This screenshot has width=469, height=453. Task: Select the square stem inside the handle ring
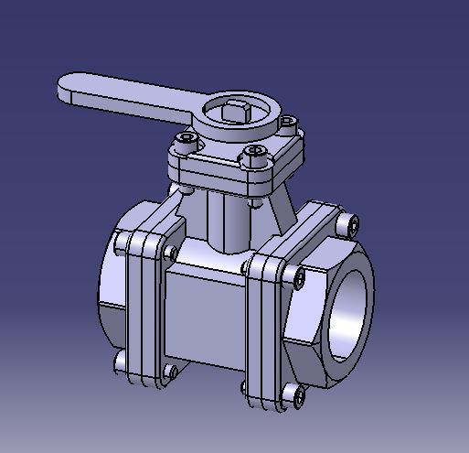(x=237, y=113)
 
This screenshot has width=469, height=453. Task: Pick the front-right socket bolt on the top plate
(x=252, y=156)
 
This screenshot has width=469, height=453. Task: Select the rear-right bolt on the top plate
(x=289, y=121)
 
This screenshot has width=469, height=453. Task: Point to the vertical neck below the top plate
(x=229, y=220)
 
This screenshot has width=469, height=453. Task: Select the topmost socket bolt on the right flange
(x=352, y=222)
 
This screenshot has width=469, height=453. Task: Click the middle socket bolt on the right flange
(x=299, y=275)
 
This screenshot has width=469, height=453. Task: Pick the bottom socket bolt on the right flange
(x=293, y=395)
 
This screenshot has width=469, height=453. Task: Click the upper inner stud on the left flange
(x=170, y=252)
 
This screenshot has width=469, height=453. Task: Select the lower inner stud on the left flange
(x=170, y=372)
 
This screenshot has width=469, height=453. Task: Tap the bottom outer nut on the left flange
(x=121, y=362)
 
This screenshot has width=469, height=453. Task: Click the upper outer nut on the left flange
(x=121, y=245)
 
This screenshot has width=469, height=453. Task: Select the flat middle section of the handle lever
(x=137, y=94)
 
